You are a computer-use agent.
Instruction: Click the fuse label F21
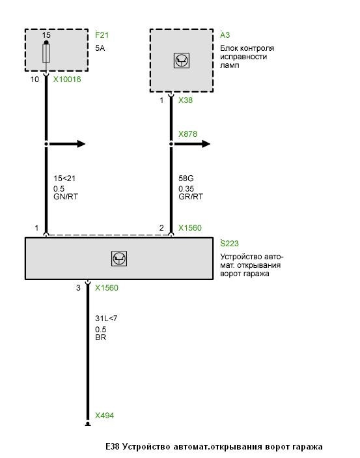102,35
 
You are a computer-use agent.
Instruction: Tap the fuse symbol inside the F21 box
46,53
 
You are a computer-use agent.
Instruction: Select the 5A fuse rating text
100,48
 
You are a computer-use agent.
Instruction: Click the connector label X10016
67,79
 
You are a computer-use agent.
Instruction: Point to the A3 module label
225,35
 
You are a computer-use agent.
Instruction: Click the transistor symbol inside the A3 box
182,61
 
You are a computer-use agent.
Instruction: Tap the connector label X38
186,100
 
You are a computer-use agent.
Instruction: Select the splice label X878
187,134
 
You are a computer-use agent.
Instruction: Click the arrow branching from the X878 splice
191,144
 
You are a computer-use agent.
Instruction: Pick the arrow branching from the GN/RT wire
66,144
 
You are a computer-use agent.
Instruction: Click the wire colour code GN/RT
66,197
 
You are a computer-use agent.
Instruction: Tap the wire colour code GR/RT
191,197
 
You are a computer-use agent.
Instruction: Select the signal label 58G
186,178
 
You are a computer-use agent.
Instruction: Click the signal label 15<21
64,178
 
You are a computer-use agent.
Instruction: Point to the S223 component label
229,243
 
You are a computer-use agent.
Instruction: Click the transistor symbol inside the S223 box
119,259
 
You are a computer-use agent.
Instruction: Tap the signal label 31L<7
106,318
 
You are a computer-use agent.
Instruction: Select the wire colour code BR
100,337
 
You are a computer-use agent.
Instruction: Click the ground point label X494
105,416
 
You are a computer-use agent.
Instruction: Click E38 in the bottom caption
113,447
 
